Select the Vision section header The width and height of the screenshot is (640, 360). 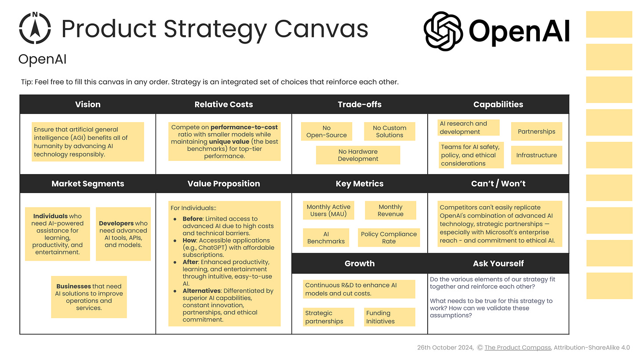pyautogui.click(x=88, y=105)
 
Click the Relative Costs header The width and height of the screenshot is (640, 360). pyautogui.click(x=224, y=105)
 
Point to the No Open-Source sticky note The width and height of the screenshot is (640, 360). pyautogui.click(x=327, y=131)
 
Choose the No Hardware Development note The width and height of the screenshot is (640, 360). pyautogui.click(x=358, y=155)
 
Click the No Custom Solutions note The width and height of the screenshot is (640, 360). pyautogui.click(x=389, y=131)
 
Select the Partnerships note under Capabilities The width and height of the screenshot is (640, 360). pyautogui.click(x=536, y=131)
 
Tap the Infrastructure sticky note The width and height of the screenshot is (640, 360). pyautogui.click(x=536, y=155)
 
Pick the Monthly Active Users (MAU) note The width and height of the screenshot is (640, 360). pyautogui.click(x=328, y=211)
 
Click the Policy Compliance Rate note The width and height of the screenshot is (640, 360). pyautogui.click(x=389, y=238)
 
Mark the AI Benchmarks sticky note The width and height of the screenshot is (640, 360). pyautogui.click(x=326, y=238)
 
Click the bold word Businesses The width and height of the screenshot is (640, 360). pyautogui.click(x=73, y=286)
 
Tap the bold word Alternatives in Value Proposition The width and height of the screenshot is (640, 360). pyautogui.click(x=202, y=291)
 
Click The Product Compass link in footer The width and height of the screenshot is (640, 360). pyautogui.click(x=517, y=347)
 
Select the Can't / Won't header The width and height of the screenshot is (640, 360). pyautogui.click(x=498, y=184)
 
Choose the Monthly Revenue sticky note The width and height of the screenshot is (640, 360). pyautogui.click(x=390, y=211)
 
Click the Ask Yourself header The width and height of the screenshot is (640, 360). pyautogui.click(x=498, y=263)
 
